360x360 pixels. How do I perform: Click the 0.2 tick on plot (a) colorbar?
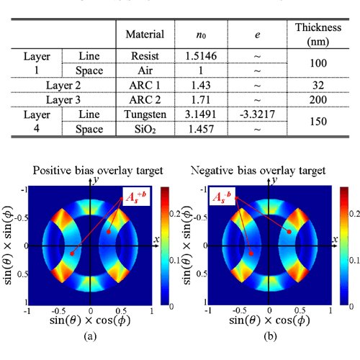point(174,214)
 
